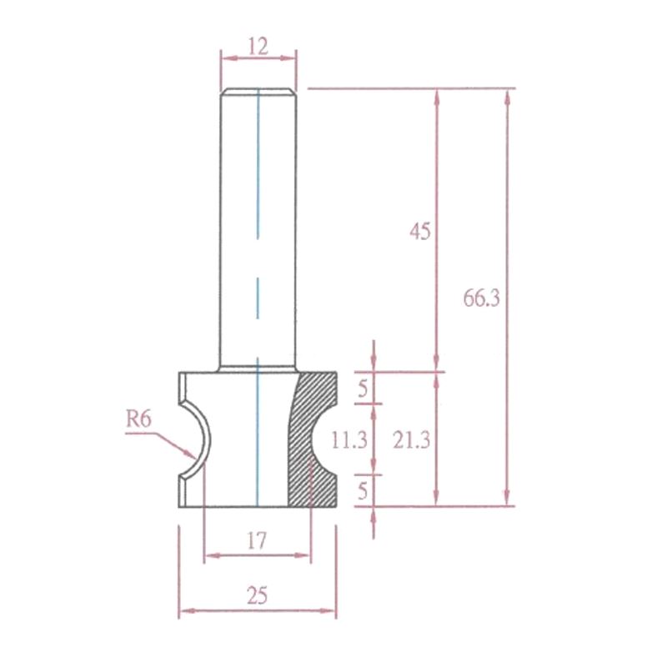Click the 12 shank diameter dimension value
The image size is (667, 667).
258,46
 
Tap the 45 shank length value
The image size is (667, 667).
420,232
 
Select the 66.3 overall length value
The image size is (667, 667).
481,298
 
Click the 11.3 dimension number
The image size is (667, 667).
349,440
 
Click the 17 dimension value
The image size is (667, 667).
256,541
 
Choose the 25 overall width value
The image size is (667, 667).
258,595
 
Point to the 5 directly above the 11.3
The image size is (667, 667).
363,387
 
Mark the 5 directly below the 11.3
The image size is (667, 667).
363,491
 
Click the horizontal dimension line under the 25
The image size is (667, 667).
257,611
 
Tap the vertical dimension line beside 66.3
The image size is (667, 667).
508,208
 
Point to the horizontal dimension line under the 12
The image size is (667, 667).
258,59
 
